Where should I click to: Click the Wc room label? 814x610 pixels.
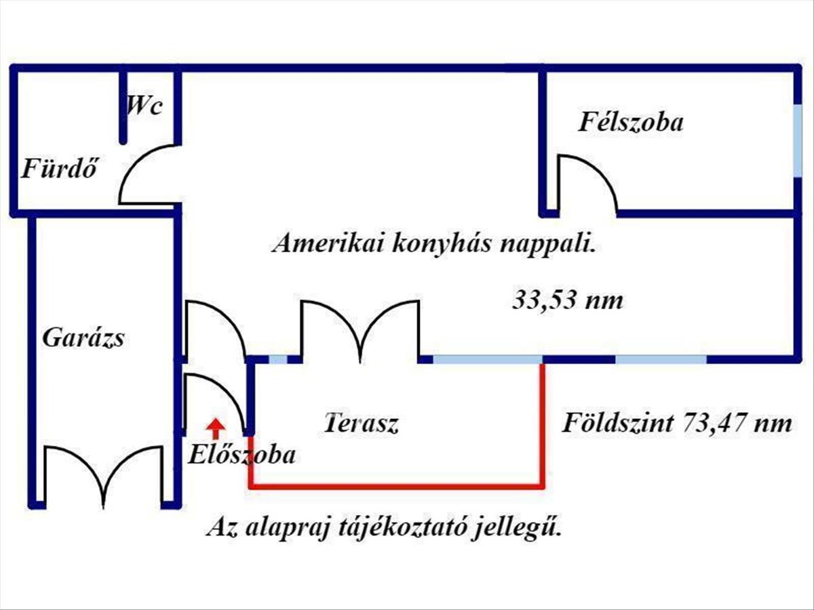[x=144, y=106]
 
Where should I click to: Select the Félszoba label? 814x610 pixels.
[x=631, y=122]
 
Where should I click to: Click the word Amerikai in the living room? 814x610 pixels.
[x=328, y=244]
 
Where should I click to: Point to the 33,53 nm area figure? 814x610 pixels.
[x=568, y=301]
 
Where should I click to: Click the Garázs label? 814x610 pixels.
[x=83, y=338]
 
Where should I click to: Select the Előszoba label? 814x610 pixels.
[x=241, y=454]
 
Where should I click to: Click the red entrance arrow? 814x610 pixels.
[x=216, y=428]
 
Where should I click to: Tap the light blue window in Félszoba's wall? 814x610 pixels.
[x=797, y=141]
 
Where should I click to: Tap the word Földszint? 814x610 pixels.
[x=618, y=423]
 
